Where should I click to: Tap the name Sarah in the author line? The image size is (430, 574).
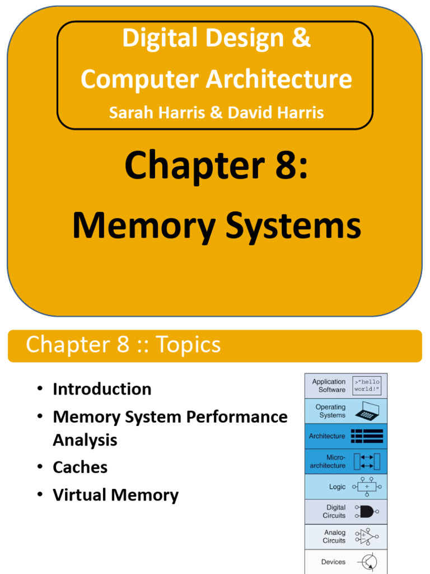129,113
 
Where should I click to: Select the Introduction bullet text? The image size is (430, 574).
102,389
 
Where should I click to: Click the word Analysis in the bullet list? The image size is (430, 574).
85,440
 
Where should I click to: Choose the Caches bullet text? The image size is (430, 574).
80,467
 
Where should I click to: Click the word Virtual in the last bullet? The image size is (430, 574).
79,495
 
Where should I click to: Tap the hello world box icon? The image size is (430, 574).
367,386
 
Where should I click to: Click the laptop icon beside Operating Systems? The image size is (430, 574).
367,411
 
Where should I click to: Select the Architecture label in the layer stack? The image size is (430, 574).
327,436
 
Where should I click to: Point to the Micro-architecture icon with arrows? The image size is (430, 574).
367,461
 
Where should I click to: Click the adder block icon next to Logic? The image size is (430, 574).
367,487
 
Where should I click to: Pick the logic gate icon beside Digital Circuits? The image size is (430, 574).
367,512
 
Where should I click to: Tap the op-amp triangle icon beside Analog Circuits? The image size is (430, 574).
367,536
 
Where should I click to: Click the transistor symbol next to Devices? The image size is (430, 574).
367,562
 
